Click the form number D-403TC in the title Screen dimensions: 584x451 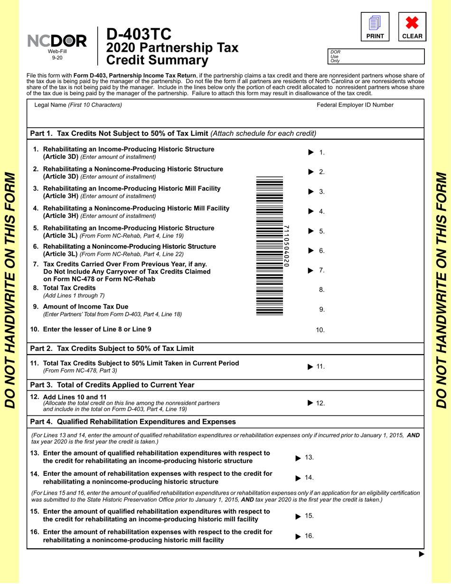pos(138,35)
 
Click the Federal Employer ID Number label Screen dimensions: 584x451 pos(355,105)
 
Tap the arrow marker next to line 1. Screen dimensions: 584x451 pos(311,152)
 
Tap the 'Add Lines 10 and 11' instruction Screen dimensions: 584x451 pos(75,397)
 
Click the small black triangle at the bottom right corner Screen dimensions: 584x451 pos(421,554)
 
